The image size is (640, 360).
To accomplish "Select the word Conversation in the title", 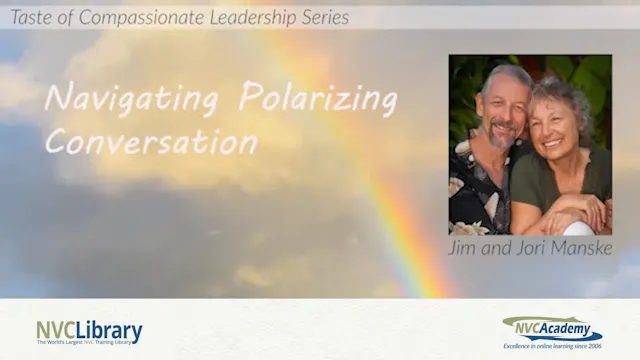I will pos(150,141).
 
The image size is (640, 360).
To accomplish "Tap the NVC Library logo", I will pos(89,330).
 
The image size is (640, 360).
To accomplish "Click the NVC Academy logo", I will pos(551,326).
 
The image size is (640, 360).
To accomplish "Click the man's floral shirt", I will pos(474,195).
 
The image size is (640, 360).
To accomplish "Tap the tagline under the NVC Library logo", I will pos(89,342).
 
